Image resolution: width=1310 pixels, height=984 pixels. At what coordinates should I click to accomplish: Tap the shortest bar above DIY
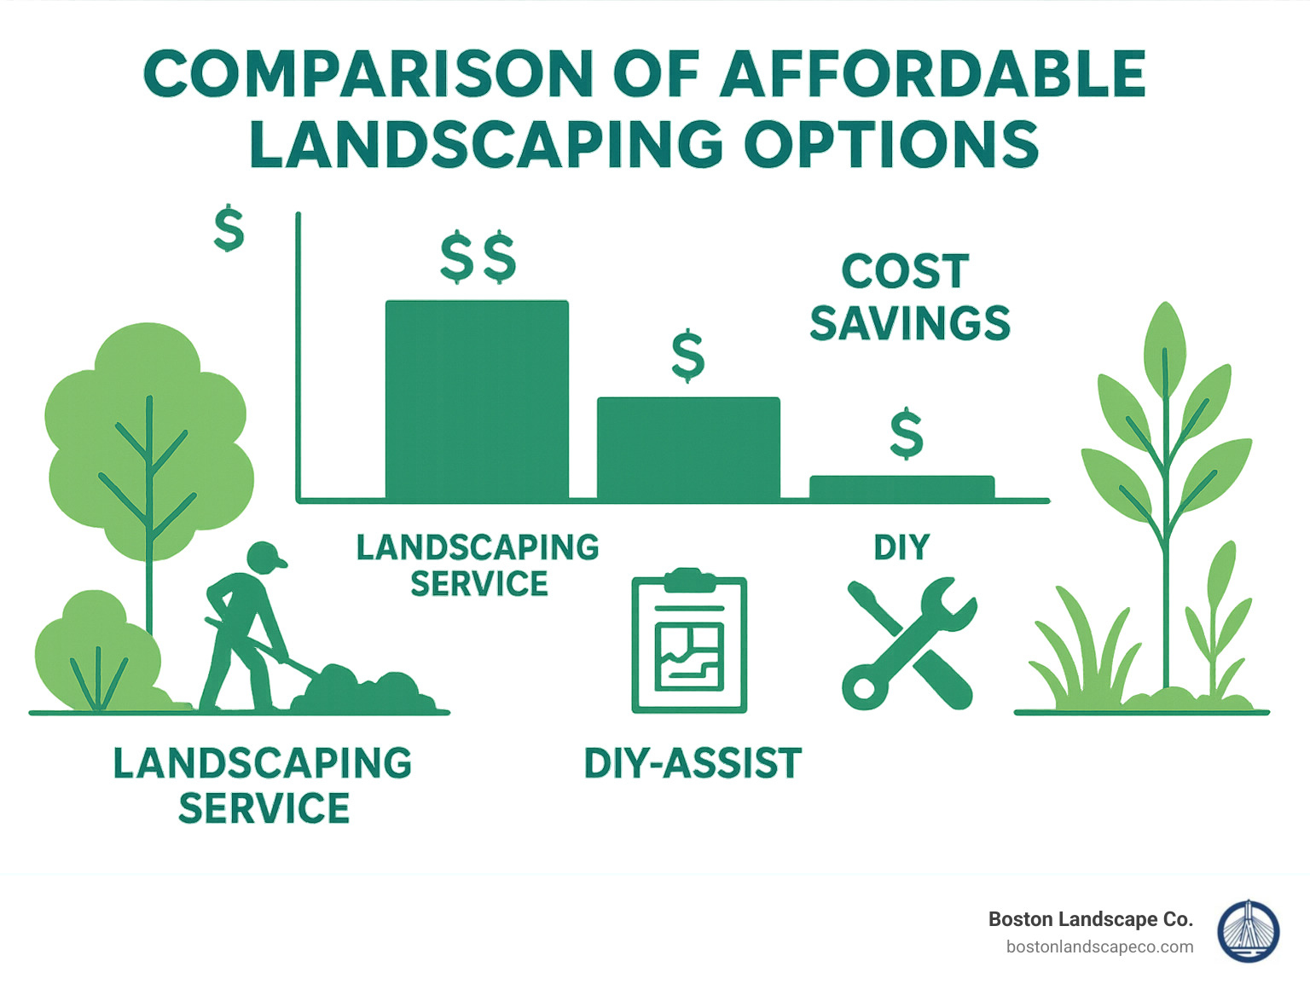[x=901, y=487]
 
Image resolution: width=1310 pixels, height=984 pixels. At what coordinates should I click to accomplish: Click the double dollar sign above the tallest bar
[x=478, y=257]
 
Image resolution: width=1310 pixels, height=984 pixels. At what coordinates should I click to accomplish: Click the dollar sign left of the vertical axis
[x=229, y=229]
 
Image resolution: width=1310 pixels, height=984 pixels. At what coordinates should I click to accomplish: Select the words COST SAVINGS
[x=909, y=298]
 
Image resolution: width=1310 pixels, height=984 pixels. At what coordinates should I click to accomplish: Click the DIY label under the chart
[x=901, y=547]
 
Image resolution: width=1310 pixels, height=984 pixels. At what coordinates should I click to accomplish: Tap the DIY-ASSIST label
[x=693, y=763]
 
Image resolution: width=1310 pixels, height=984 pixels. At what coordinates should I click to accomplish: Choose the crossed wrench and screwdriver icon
[x=907, y=643]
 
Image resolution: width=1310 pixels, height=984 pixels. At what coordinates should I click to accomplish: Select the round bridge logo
[x=1248, y=931]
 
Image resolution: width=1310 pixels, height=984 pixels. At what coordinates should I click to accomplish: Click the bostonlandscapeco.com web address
[x=1099, y=946]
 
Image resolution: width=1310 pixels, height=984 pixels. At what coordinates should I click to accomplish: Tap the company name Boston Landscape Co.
[x=1090, y=919]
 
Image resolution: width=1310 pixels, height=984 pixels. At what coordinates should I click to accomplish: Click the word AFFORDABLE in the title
[x=933, y=74]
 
